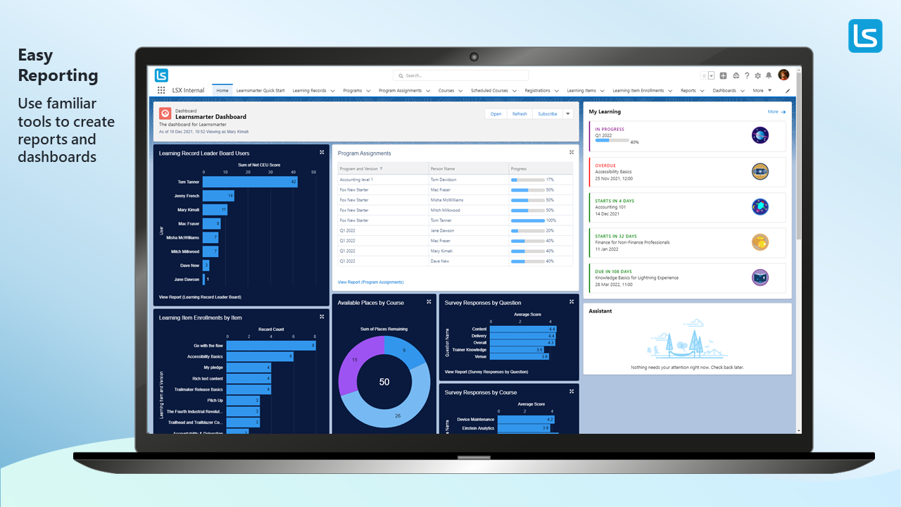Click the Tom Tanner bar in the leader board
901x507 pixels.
tap(250, 182)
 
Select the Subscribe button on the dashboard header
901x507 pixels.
tap(547, 114)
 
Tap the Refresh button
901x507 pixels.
tap(519, 114)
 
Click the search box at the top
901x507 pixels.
tap(460, 75)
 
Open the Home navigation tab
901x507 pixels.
tap(222, 91)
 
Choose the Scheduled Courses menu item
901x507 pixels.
tap(490, 91)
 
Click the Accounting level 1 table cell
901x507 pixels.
tap(356, 180)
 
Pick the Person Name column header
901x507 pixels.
tap(443, 169)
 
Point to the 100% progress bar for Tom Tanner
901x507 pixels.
tap(528, 220)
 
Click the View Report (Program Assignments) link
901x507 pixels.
tap(371, 282)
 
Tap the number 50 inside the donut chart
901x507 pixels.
tap(384, 382)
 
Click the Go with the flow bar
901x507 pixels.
tap(271, 346)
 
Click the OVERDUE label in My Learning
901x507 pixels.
tap(605, 165)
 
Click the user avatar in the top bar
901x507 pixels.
tap(783, 75)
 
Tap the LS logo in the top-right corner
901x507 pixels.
tap(865, 36)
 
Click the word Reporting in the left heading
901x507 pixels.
tap(58, 76)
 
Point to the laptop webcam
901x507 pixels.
tap(474, 57)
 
